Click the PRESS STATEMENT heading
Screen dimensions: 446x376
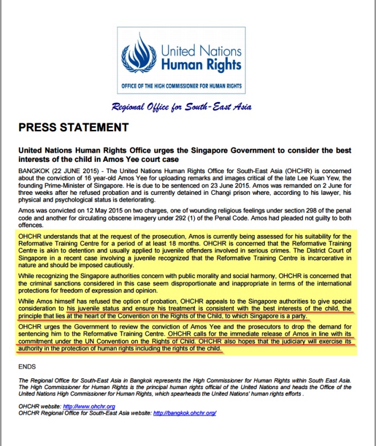73,126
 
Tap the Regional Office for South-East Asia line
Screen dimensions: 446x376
182,107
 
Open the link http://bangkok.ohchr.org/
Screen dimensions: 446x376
185,413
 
